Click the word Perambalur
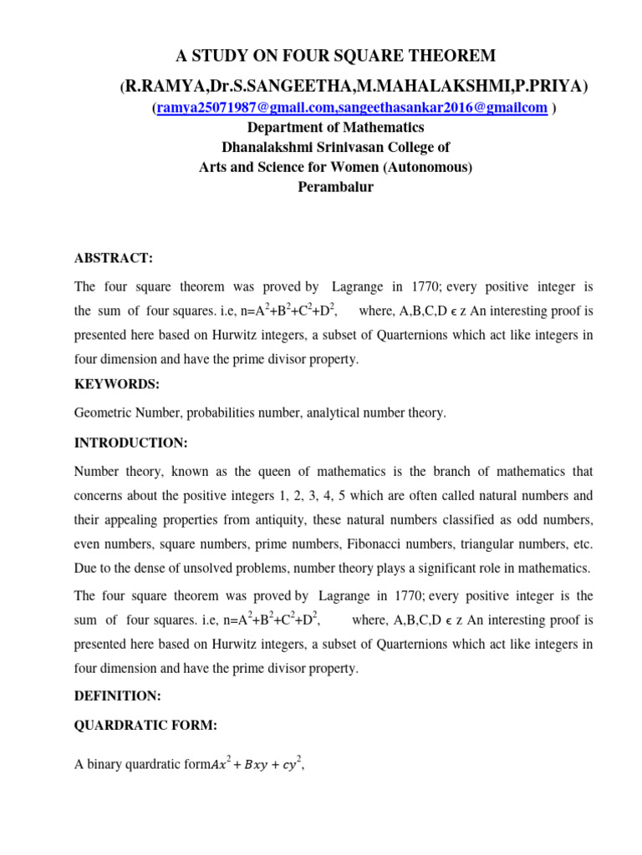335,187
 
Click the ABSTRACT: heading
114,260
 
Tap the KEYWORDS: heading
116,383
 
